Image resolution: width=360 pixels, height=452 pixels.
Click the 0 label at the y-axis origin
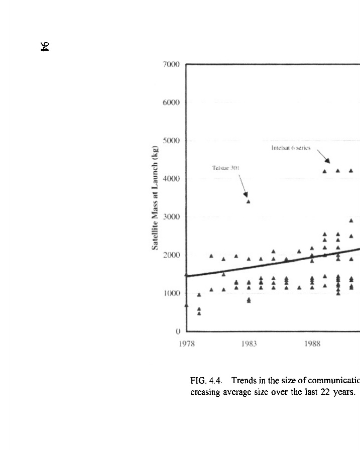[178, 331]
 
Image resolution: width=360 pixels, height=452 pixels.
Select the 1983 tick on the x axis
[249, 344]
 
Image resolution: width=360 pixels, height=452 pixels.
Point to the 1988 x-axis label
[312, 344]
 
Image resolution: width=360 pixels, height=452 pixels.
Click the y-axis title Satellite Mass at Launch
[156, 198]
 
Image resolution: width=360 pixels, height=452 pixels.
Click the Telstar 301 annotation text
[224, 169]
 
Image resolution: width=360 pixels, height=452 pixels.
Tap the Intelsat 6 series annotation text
[289, 148]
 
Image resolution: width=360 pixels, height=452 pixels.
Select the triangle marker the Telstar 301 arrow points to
[248, 201]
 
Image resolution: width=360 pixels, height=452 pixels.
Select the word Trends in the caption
[231, 377]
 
